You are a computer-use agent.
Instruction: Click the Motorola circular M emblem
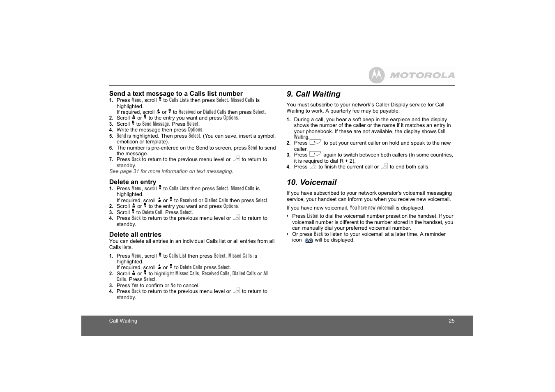coord(376,75)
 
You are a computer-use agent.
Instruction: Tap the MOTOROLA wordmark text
coord(422,75)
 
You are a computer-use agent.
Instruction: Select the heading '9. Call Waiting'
coord(313,94)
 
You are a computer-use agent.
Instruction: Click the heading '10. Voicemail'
coord(311,182)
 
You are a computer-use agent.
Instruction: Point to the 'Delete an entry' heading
coord(133,182)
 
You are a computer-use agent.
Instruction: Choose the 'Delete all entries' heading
coord(135,235)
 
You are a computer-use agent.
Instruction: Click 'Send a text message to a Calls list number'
coord(176,94)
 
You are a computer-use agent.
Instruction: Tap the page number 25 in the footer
coord(451,321)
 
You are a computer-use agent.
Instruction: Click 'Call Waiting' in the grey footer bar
coord(123,321)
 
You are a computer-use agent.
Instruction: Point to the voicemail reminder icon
coord(309,240)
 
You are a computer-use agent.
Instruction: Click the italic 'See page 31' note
coord(171,171)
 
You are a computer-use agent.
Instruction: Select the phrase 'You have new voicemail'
coord(372,208)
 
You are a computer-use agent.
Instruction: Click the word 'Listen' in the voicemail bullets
coord(313,216)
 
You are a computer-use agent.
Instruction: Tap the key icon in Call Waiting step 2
coord(315,142)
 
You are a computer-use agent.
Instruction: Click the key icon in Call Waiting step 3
coord(315,154)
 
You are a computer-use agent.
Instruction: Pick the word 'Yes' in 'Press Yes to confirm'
coord(135,286)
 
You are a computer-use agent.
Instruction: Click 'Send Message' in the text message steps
coord(156,124)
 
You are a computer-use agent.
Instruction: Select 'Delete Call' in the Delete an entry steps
coord(152,212)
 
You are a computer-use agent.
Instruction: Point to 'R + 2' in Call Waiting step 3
coord(347,161)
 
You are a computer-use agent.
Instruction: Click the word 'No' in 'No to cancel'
coord(173,286)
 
